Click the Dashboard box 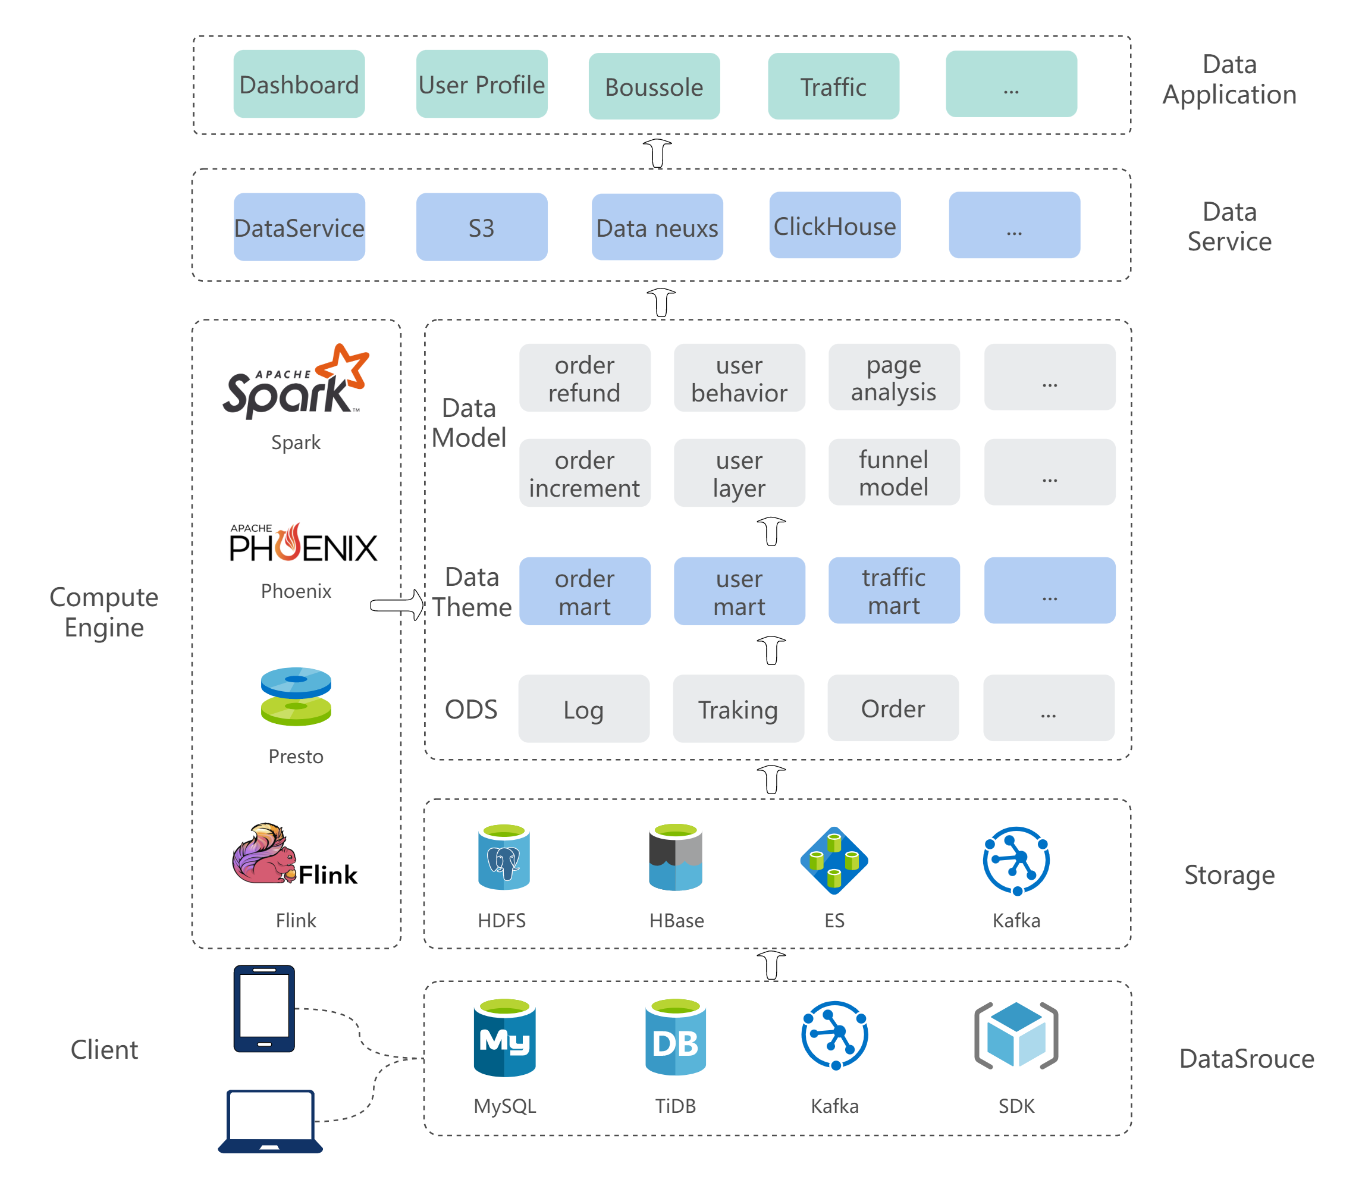[299, 84]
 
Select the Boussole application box [654, 86]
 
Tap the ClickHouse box [834, 225]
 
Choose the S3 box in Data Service [482, 227]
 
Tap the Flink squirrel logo [294, 854]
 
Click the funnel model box [894, 472]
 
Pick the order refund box [585, 378]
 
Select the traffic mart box [894, 591]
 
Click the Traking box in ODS [738, 708]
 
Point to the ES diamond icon [834, 860]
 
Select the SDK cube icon [1015, 1036]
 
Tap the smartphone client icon [264, 1008]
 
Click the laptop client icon [270, 1121]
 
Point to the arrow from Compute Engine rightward [397, 605]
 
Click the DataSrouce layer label [1246, 1058]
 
